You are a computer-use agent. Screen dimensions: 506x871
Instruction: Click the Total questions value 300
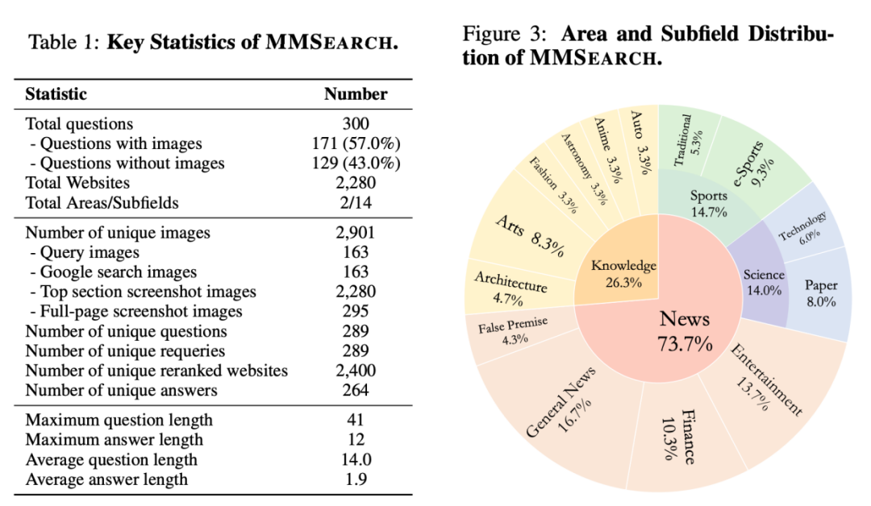pyautogui.click(x=356, y=123)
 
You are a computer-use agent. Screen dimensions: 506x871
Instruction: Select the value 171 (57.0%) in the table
pyautogui.click(x=356, y=143)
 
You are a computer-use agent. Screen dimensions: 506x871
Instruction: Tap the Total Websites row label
pyautogui.click(x=77, y=183)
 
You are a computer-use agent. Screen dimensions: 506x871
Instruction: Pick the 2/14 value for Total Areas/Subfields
pyautogui.click(x=356, y=203)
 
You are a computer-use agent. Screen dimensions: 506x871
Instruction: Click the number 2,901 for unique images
pyautogui.click(x=356, y=233)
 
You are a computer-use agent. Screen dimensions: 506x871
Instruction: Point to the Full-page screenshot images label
pyautogui.click(x=141, y=312)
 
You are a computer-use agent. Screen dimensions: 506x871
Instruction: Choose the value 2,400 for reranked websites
pyautogui.click(x=356, y=371)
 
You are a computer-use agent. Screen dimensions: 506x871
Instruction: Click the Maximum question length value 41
pyautogui.click(x=356, y=420)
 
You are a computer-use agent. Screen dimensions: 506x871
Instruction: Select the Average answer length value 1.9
pyautogui.click(x=356, y=479)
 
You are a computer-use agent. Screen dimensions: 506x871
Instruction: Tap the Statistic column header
pyautogui.click(x=56, y=93)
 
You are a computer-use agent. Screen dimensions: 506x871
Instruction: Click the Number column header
pyautogui.click(x=356, y=93)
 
